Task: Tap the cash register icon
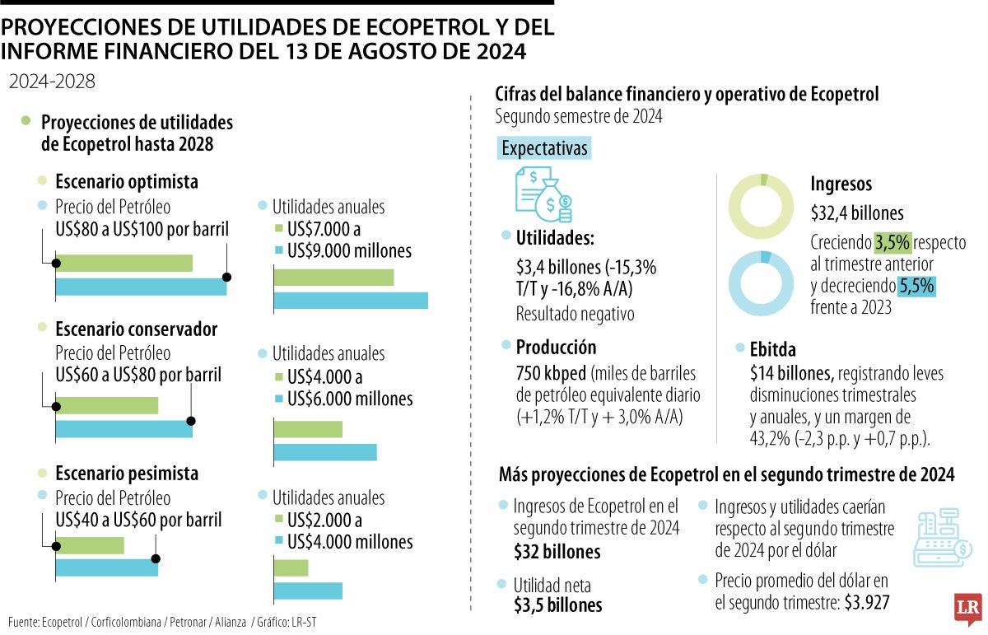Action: (x=942, y=538)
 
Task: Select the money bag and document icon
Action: (x=543, y=194)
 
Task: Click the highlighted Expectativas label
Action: (x=544, y=148)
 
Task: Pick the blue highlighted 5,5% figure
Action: (x=917, y=286)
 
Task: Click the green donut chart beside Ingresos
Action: (x=765, y=206)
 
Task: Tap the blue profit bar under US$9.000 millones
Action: (x=350, y=300)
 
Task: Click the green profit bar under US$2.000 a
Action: (x=290, y=567)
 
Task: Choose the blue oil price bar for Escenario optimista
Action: (x=141, y=287)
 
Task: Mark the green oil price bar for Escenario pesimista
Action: (x=90, y=545)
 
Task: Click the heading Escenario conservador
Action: (x=136, y=329)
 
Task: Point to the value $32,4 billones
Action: (x=857, y=212)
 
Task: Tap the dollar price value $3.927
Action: (x=869, y=602)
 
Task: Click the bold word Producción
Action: (x=556, y=347)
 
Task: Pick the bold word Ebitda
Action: (x=773, y=349)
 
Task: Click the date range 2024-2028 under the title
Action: (x=52, y=82)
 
